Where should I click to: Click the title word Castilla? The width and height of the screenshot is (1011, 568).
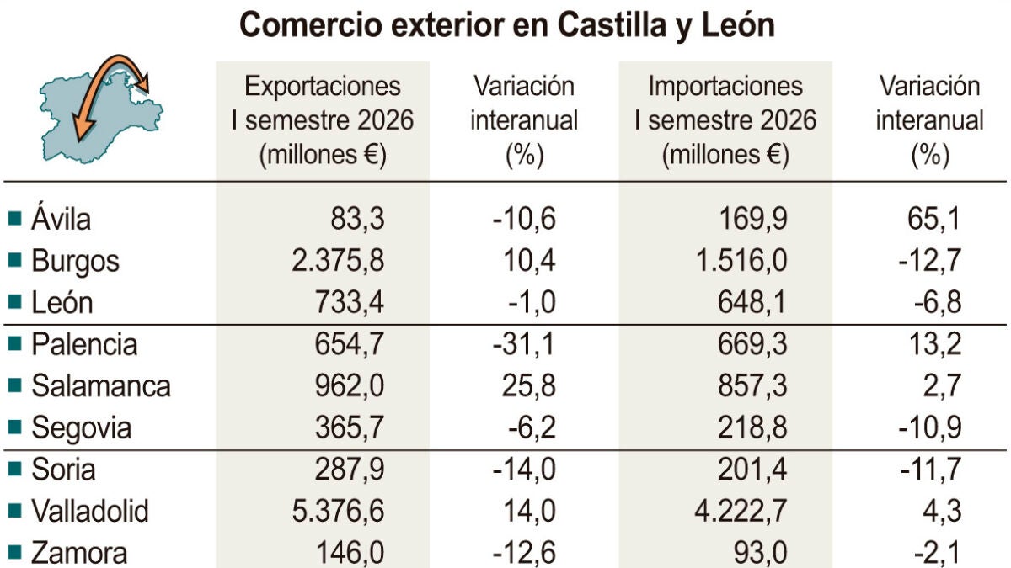[612, 25]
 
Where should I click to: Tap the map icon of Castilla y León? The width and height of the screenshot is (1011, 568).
[102, 109]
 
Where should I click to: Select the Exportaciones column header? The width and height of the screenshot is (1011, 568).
[322, 120]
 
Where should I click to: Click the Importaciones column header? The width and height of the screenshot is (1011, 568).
[725, 120]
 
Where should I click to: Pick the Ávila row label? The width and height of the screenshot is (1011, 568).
[61, 219]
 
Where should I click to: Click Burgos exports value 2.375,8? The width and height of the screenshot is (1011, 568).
[338, 261]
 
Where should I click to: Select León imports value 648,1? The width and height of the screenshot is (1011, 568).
[752, 302]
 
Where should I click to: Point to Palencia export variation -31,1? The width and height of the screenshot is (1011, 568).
[523, 344]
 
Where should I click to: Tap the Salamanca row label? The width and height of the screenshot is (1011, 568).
[101, 386]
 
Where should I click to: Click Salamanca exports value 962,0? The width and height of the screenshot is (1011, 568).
[350, 386]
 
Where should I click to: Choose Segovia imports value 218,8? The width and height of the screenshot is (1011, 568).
[752, 427]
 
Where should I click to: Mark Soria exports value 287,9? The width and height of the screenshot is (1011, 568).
[350, 470]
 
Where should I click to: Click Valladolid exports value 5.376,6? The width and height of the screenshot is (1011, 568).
[338, 511]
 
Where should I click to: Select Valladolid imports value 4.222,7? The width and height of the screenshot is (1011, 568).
[741, 511]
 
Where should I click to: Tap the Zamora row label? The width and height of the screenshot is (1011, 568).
[79, 553]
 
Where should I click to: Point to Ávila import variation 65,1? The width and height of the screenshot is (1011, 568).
[933, 219]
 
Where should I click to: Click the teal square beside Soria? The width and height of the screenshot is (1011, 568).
[15, 469]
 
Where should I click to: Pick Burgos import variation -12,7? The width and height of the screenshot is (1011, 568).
[929, 261]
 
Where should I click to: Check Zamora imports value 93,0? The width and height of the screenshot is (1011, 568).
[761, 553]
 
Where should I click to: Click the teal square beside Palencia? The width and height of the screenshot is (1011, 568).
[15, 344]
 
